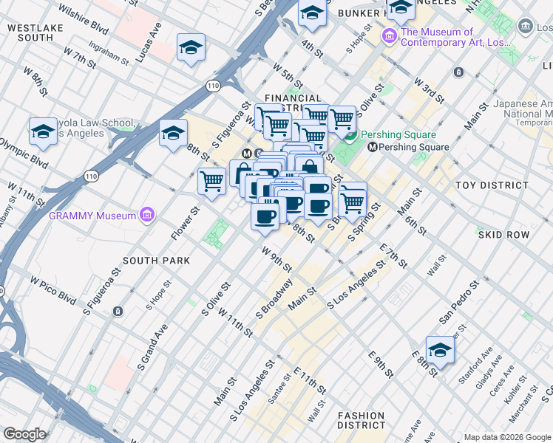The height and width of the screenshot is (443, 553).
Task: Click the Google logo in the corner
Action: click(24, 434)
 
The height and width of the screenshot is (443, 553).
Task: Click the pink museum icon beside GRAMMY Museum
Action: click(147, 216)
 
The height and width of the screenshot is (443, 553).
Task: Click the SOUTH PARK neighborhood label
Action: click(156, 261)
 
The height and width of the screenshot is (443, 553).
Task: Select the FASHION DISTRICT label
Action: click(362, 420)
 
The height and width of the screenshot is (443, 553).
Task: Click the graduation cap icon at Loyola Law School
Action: click(43, 132)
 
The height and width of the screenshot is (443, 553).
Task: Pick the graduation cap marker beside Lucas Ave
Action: click(191, 48)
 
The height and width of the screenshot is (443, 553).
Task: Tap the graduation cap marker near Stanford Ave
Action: click(440, 351)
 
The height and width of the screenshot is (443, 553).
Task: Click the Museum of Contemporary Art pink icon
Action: click(390, 35)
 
